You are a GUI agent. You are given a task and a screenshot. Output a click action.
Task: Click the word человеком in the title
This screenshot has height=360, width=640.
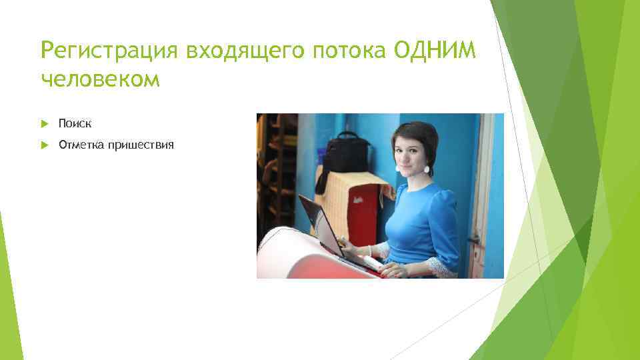(x=100, y=79)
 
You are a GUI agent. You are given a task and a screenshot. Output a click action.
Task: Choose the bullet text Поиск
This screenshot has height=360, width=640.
(x=75, y=123)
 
